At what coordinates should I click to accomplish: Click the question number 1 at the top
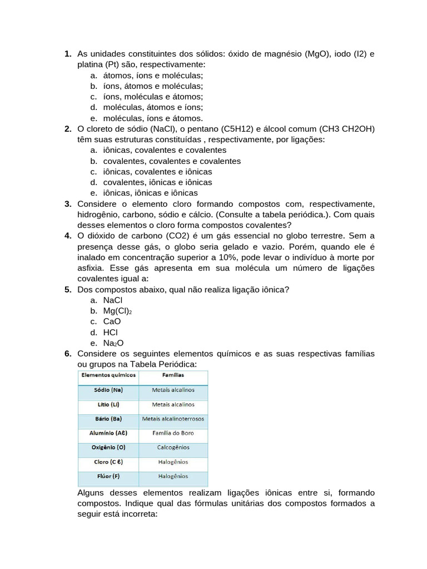click(x=67, y=54)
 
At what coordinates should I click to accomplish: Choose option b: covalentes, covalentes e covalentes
click(x=172, y=161)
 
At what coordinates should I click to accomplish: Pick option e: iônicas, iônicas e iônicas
click(x=150, y=193)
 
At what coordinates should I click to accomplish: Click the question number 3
click(x=67, y=204)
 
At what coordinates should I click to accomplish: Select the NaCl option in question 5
click(x=113, y=300)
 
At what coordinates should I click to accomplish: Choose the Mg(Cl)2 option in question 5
click(x=117, y=311)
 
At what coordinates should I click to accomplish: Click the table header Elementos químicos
click(x=108, y=376)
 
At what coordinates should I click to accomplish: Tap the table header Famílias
click(x=173, y=376)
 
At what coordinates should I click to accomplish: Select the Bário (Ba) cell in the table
click(x=108, y=418)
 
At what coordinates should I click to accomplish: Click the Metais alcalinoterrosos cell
click(x=173, y=418)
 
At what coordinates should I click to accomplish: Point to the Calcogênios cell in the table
click(x=173, y=447)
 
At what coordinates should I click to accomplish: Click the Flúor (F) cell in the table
click(x=108, y=476)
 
